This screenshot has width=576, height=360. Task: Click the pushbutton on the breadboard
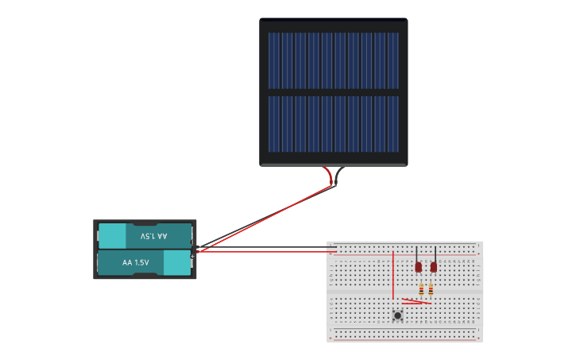(x=397, y=315)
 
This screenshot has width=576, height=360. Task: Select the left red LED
(x=419, y=267)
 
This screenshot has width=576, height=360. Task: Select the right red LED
(x=434, y=267)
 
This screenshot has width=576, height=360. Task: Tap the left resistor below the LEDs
(x=421, y=289)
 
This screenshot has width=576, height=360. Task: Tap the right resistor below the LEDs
(x=431, y=289)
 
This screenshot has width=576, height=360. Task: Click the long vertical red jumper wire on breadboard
(x=392, y=274)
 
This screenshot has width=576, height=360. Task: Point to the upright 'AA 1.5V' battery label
(x=136, y=262)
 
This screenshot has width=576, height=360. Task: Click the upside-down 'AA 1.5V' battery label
(x=153, y=236)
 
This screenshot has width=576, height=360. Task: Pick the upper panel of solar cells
(x=333, y=60)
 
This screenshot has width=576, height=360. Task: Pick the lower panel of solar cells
(x=333, y=124)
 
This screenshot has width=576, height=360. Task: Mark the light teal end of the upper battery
(x=112, y=236)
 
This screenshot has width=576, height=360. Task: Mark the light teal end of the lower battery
(x=177, y=262)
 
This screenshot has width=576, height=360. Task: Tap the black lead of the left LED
(x=416, y=254)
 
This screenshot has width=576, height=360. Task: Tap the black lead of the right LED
(x=435, y=254)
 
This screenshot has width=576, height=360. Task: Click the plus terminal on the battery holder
(x=192, y=255)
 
